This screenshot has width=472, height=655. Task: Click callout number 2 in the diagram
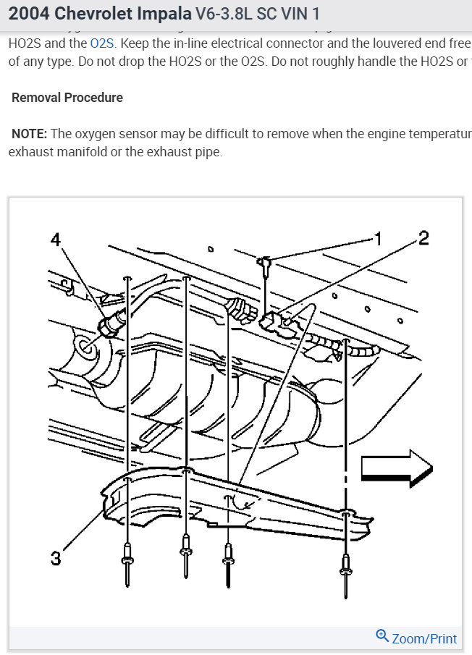[424, 238]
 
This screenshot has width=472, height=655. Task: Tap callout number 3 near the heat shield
[55, 558]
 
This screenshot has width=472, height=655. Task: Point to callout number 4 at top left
[56, 240]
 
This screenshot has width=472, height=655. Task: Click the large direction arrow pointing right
[396, 470]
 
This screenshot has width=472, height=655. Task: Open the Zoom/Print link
[424, 638]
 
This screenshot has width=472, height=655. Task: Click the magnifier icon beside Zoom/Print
[382, 637]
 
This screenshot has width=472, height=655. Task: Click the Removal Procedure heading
[67, 98]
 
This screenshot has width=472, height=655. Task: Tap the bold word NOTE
[30, 134]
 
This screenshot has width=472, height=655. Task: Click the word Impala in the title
[155, 14]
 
